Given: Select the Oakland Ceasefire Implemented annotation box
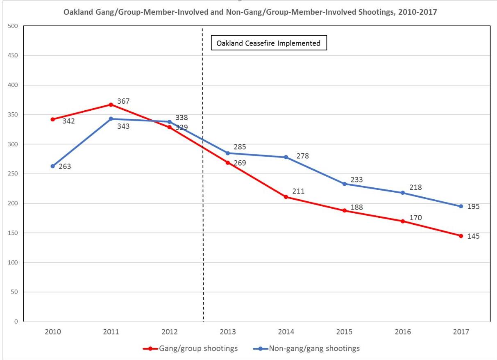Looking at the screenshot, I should (269, 43).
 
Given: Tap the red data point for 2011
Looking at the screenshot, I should (111, 105).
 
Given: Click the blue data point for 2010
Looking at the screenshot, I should (53, 166).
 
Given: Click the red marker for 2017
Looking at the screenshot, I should (461, 236).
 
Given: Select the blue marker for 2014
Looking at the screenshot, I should (286, 157).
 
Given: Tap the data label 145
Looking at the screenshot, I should (473, 236).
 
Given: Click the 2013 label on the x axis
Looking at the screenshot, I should (228, 331).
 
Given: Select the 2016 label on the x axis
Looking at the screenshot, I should (403, 331).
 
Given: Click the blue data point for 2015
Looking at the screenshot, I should (345, 184).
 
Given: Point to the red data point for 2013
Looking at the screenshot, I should (228, 162).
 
